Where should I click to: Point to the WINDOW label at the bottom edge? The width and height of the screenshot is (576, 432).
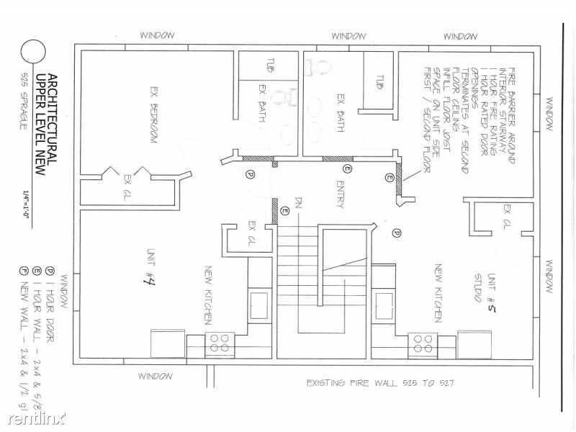coord(156,377)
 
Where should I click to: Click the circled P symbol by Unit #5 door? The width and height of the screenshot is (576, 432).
coord(395,232)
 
